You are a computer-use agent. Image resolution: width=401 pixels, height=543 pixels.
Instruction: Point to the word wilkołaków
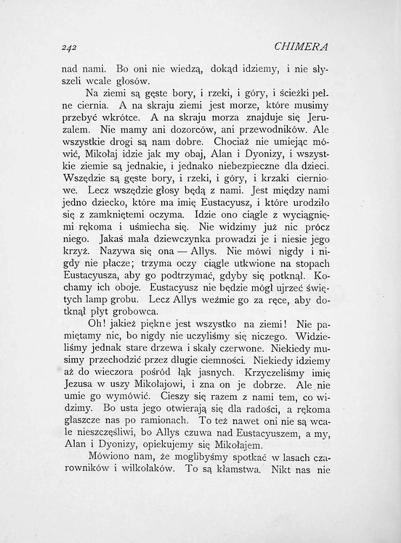point(146,470)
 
